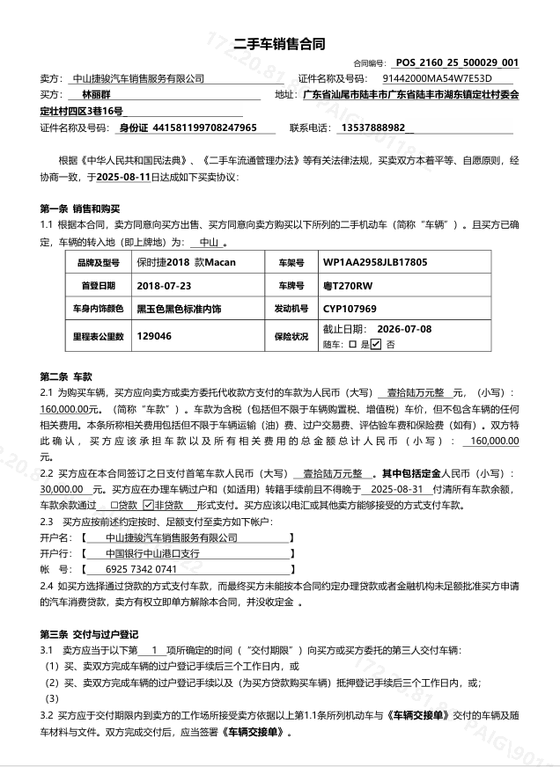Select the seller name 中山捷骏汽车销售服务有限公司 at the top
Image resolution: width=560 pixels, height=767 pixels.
point(137,79)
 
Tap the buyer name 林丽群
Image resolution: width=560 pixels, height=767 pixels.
point(98,95)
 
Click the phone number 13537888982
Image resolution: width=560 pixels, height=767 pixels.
point(370,128)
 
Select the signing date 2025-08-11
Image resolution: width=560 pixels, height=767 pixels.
point(123,177)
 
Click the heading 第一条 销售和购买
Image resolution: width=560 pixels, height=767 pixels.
point(79,209)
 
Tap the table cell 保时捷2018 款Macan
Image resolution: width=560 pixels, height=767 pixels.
point(186,263)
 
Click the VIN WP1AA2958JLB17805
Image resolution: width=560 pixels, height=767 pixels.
point(375,263)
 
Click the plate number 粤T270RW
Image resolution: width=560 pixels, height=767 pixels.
point(348,286)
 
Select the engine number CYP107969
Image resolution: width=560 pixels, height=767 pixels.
point(350,309)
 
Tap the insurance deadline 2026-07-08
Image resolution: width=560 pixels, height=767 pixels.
point(404,329)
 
